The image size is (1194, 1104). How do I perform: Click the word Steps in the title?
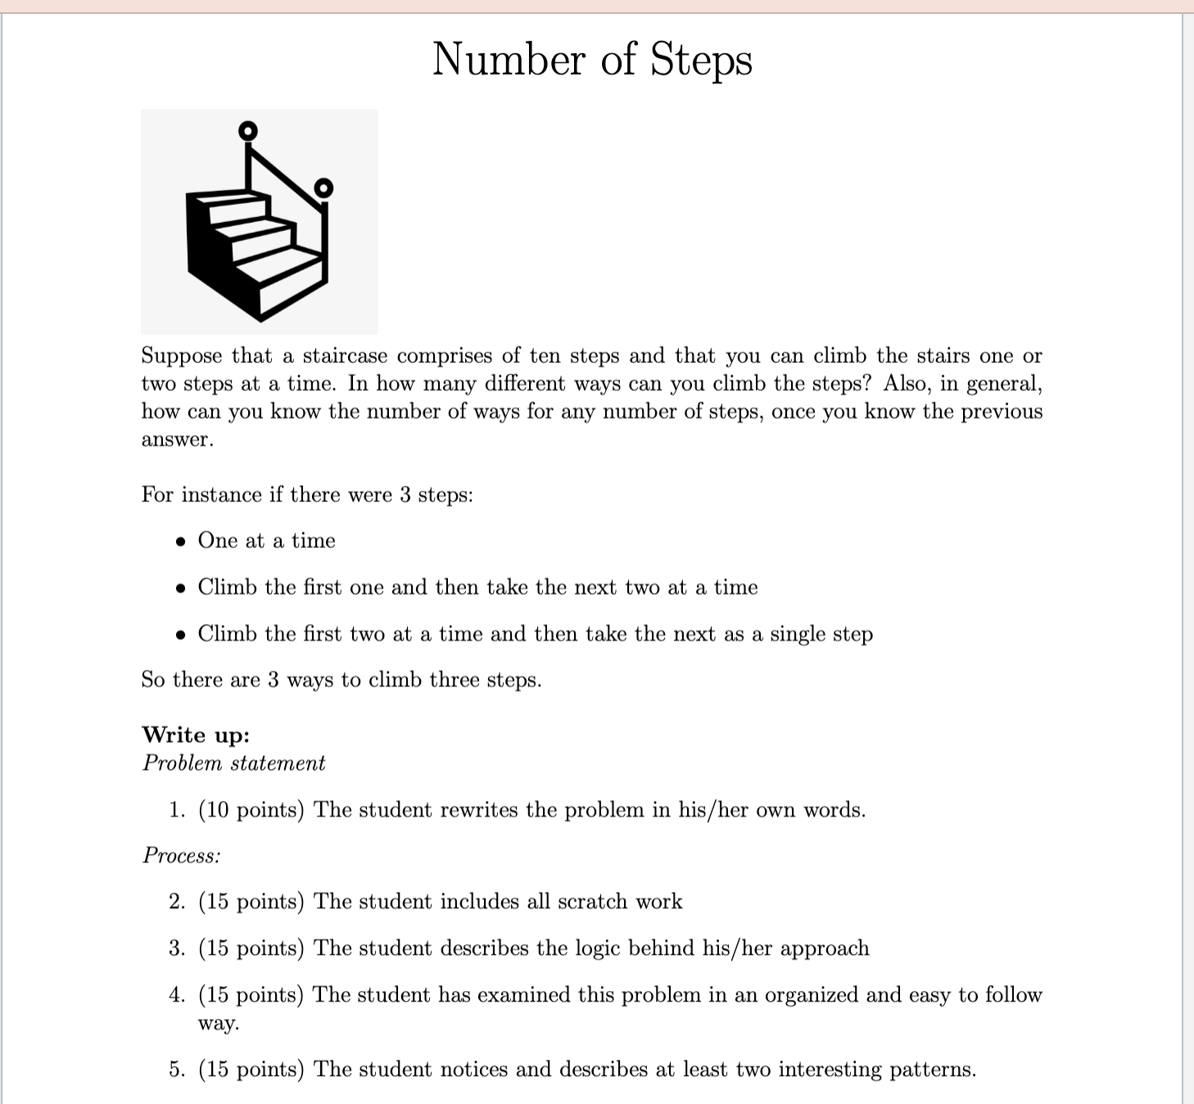click(x=701, y=61)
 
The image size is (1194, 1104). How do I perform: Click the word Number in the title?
click(x=509, y=61)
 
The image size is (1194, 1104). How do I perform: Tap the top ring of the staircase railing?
click(x=247, y=130)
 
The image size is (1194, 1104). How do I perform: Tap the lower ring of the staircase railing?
click(x=324, y=188)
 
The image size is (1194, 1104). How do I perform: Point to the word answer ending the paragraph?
click(x=177, y=440)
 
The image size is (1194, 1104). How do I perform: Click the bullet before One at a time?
click(x=181, y=541)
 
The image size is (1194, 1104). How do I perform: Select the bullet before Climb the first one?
click(x=181, y=588)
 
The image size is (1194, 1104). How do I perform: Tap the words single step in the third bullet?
click(x=821, y=634)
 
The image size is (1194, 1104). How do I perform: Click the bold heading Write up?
click(x=196, y=735)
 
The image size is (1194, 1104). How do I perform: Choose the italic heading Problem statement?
click(x=233, y=763)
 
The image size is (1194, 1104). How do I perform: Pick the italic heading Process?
click(x=182, y=856)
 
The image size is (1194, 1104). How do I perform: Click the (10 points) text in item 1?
click(x=251, y=810)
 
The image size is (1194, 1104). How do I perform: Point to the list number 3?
click(x=176, y=948)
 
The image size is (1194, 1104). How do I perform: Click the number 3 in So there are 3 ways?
click(x=274, y=680)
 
